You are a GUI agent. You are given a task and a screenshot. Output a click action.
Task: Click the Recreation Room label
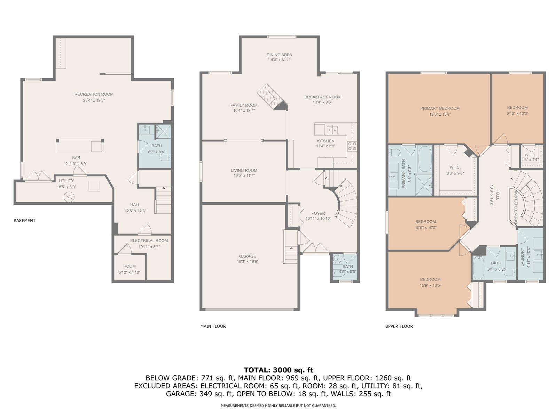pyautogui.click(x=94, y=94)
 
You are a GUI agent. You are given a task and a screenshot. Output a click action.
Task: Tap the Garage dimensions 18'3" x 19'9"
pyautogui.click(x=248, y=262)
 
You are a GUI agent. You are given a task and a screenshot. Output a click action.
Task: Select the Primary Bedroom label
pyautogui.click(x=440, y=108)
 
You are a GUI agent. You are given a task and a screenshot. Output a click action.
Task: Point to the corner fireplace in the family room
pyautogui.click(x=281, y=105)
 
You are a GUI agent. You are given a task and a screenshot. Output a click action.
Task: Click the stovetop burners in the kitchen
pyautogui.click(x=352, y=146)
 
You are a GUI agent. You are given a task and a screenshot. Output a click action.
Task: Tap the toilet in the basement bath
pyautogui.click(x=165, y=157)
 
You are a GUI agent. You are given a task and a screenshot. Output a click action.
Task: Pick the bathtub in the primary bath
pyautogui.click(x=425, y=159)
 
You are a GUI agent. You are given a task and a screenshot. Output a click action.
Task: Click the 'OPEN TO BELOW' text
pyautogui.click(x=516, y=207)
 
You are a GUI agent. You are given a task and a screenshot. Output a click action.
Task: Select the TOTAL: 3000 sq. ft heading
pyautogui.click(x=278, y=370)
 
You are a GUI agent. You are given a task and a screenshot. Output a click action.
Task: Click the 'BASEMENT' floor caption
pyautogui.click(x=24, y=221)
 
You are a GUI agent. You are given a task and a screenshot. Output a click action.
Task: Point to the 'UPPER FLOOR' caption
pyautogui.click(x=399, y=326)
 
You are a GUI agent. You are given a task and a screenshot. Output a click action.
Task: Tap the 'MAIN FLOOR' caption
pyautogui.click(x=213, y=326)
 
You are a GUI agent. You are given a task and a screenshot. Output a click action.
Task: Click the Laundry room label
pyautogui.click(x=522, y=257)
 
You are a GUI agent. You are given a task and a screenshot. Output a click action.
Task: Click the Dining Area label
pyautogui.click(x=279, y=55)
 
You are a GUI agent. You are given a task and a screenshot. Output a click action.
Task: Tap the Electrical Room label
pyautogui.click(x=149, y=240)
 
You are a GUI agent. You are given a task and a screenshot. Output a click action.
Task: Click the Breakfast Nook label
pyautogui.click(x=322, y=97)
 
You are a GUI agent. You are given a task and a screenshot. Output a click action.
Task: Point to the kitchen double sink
pyautogui.click(x=332, y=130)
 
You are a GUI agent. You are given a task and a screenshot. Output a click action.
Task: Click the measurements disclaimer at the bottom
pyautogui.click(x=278, y=406)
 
